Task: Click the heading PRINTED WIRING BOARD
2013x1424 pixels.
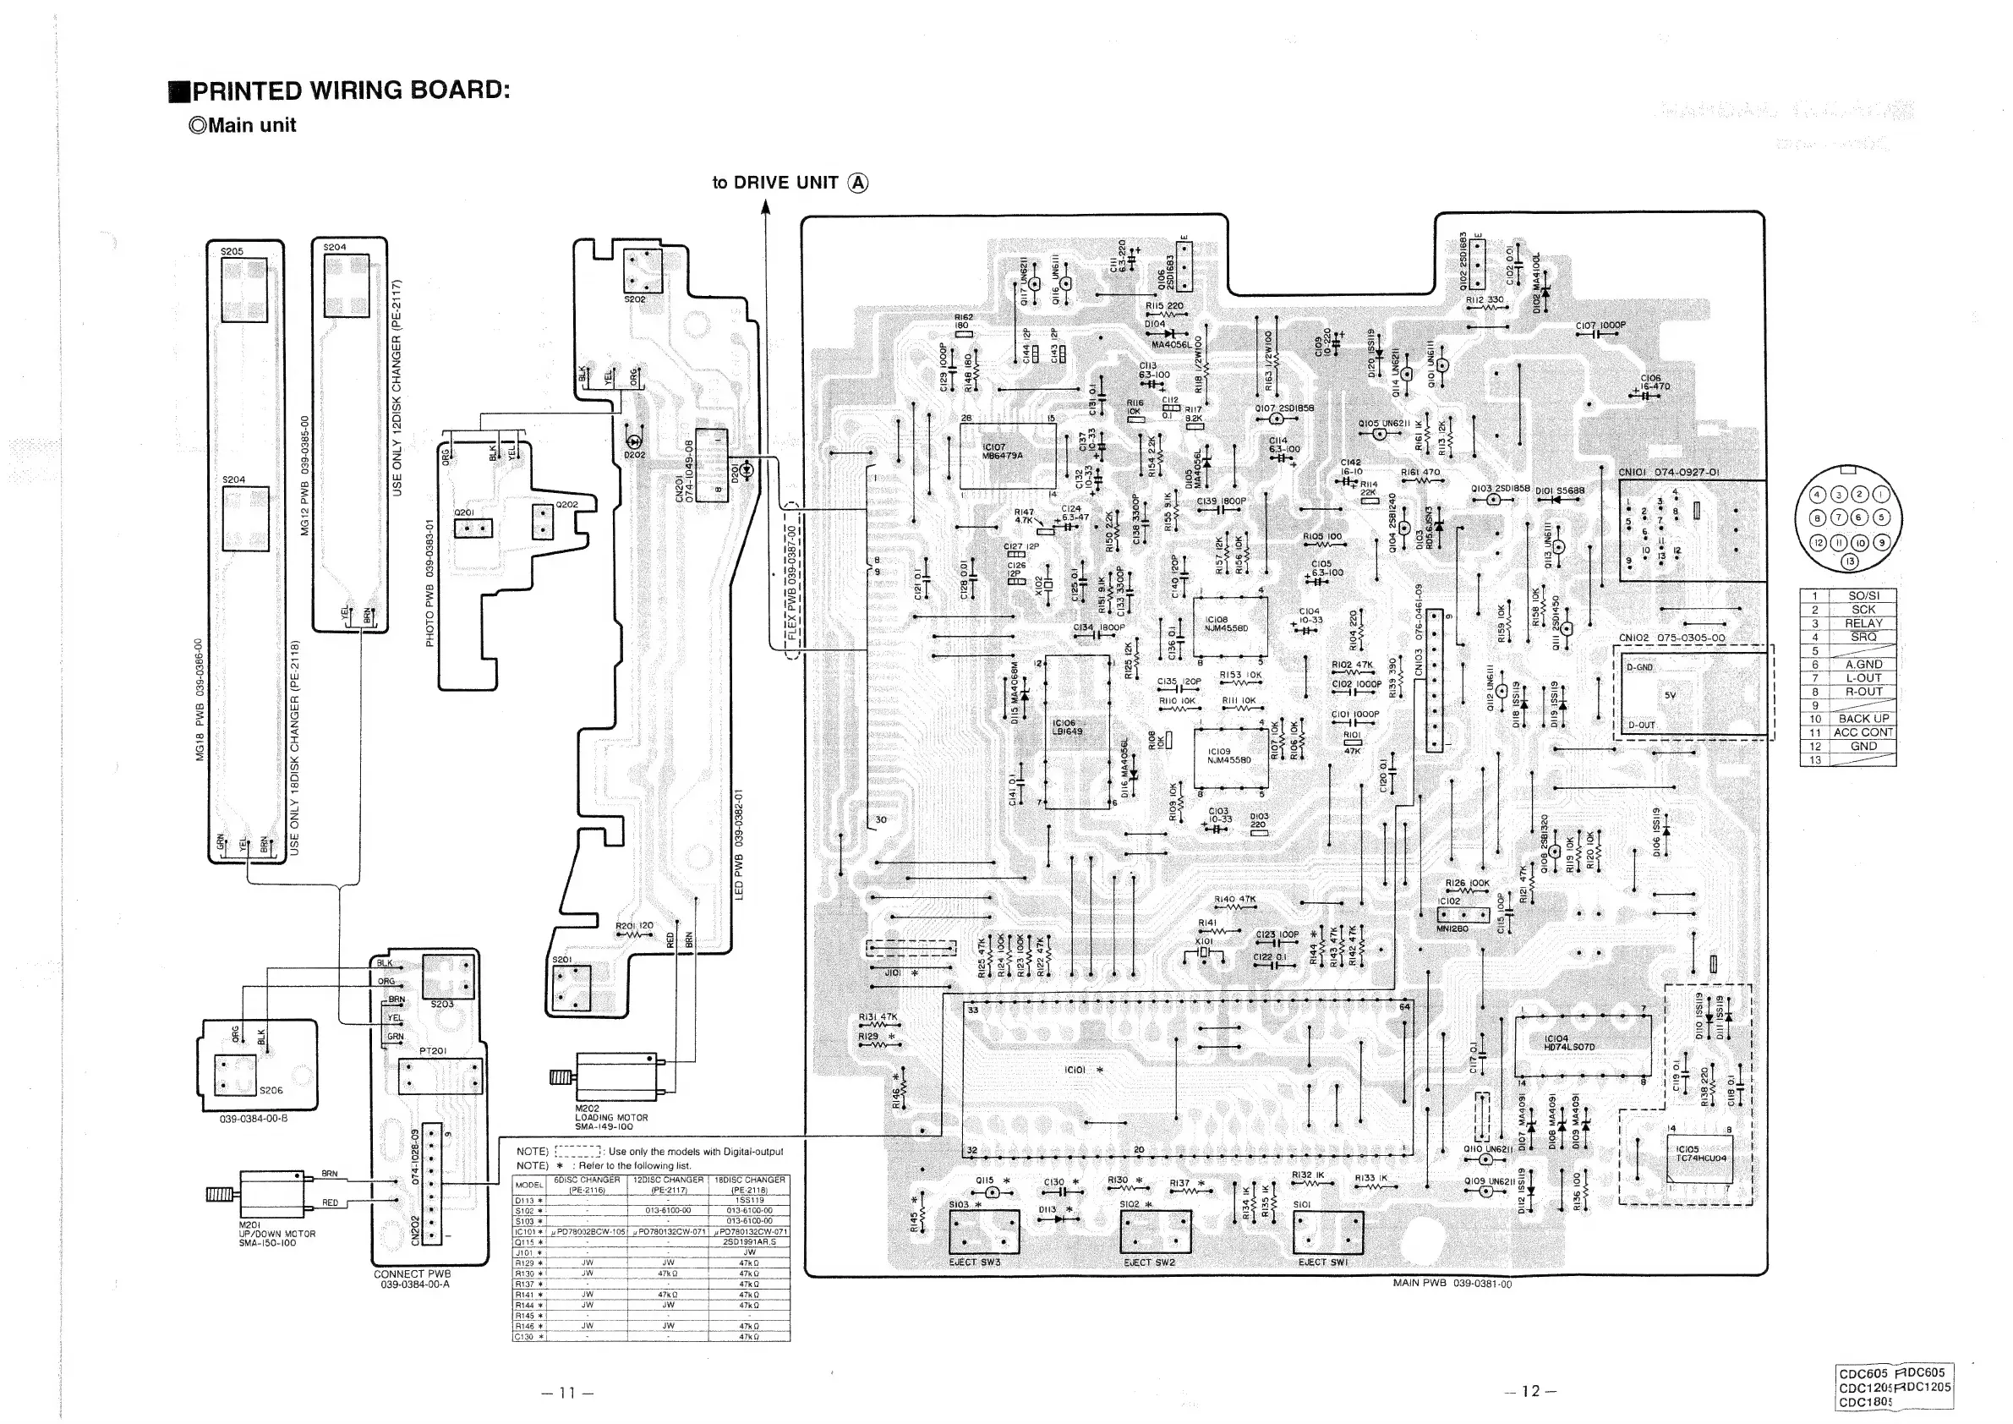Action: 350,90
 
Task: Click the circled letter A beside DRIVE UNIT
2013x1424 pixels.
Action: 858,183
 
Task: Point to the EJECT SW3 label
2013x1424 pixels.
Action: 974,1262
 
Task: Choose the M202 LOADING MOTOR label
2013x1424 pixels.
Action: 611,1117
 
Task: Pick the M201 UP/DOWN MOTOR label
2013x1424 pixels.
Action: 276,1234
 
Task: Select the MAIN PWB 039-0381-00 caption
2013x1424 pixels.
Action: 1452,1283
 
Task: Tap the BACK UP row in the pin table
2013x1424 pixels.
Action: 1863,718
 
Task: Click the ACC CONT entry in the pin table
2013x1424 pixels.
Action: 1863,732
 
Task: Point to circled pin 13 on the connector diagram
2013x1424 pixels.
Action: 1851,562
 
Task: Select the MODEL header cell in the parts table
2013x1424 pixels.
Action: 528,1185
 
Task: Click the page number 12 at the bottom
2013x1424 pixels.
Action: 1530,1391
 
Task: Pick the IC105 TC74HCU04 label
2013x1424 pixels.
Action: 1700,1153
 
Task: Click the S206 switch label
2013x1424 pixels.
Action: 271,1091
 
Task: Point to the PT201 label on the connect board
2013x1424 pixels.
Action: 432,1050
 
